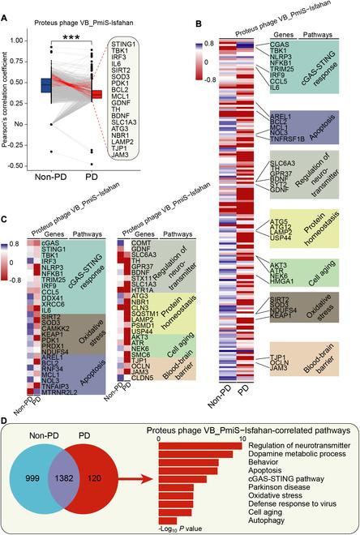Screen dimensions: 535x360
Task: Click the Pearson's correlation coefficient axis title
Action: (x=6, y=98)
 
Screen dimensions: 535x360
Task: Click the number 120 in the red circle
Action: (x=118, y=470)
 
